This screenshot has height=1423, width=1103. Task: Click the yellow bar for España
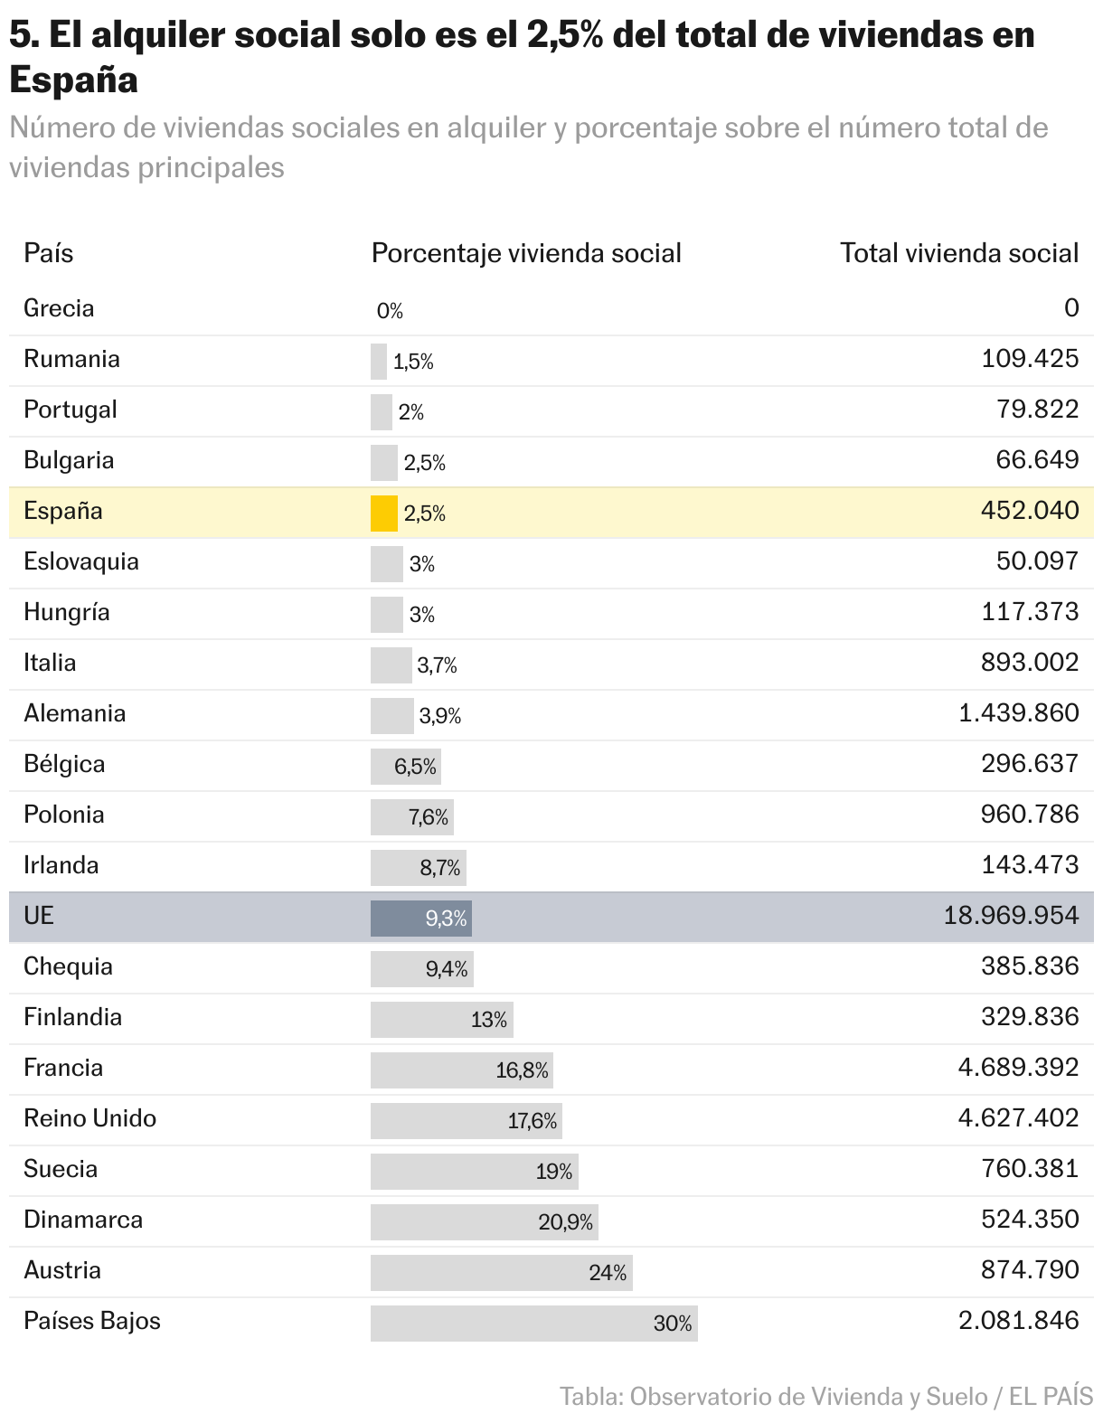[x=383, y=513]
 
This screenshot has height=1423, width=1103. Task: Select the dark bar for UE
[x=420, y=918]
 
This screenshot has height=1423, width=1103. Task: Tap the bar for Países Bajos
[x=533, y=1323]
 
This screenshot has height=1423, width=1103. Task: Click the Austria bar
[x=501, y=1272]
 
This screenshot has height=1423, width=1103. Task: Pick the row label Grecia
[x=59, y=308]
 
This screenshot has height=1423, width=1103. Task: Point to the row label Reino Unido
[x=90, y=1118]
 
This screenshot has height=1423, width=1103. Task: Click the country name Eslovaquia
[x=81, y=561]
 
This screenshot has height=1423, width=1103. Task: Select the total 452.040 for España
[x=1029, y=511]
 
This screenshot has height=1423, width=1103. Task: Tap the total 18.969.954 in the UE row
[x=1011, y=916]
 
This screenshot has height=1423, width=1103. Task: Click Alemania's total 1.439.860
[x=1018, y=713]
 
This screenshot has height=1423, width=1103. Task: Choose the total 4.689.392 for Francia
[x=1018, y=1068]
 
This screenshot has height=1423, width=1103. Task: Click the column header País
[x=49, y=253]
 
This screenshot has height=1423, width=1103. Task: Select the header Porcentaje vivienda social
[x=526, y=253]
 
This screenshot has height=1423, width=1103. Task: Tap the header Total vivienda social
[x=959, y=253]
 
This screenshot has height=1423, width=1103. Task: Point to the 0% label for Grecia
[x=390, y=311]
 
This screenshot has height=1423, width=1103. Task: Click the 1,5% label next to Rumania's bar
[x=413, y=362]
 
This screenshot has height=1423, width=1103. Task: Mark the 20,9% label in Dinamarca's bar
[x=565, y=1222]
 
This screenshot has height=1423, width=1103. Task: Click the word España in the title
[x=73, y=80]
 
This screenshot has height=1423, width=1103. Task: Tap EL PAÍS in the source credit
[x=1051, y=1396]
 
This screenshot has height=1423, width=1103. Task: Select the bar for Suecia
[x=474, y=1171]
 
